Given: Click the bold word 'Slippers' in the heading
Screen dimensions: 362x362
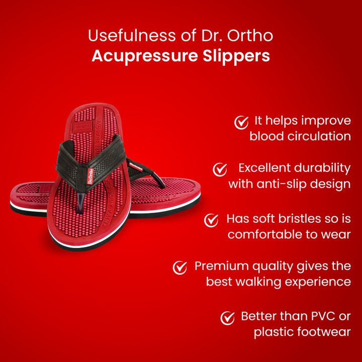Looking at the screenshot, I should click(x=242, y=56).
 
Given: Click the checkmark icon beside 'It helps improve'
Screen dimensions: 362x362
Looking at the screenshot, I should click(x=242, y=122).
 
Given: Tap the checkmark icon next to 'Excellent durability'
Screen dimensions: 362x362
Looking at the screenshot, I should click(x=220, y=169).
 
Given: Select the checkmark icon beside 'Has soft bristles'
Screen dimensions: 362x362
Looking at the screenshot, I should click(x=212, y=220).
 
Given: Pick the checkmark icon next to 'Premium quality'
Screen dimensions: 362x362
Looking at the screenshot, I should click(x=180, y=267).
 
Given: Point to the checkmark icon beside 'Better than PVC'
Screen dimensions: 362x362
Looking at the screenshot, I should click(x=228, y=318).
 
